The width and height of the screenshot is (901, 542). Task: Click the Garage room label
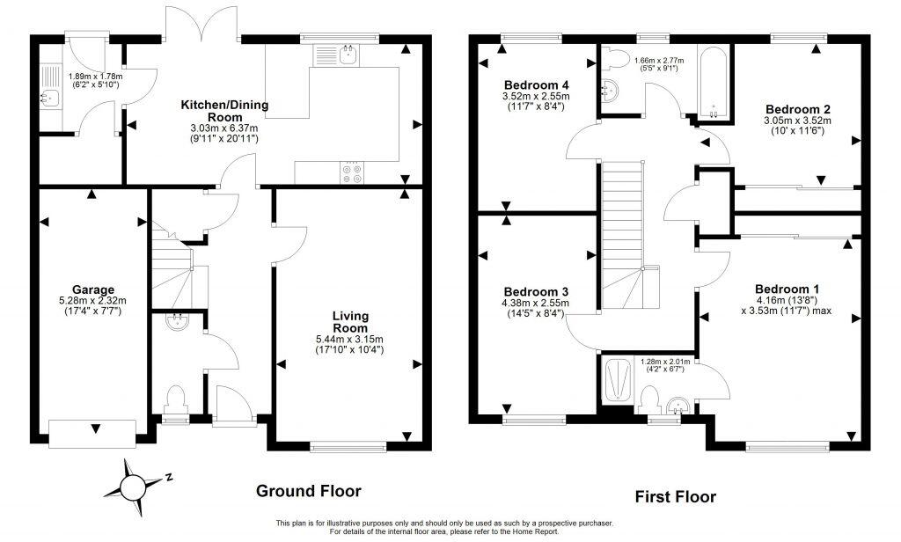point(92,289)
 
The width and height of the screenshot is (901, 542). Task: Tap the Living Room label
point(349,321)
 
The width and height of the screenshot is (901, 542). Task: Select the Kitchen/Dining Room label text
point(224,111)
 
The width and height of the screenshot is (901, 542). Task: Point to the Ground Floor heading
point(308,491)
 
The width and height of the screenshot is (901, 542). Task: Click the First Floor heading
point(675,497)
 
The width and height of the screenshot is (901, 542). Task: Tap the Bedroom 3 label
point(536,291)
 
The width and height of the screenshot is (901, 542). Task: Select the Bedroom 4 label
point(536,84)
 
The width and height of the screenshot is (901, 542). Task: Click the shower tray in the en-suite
point(619,378)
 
